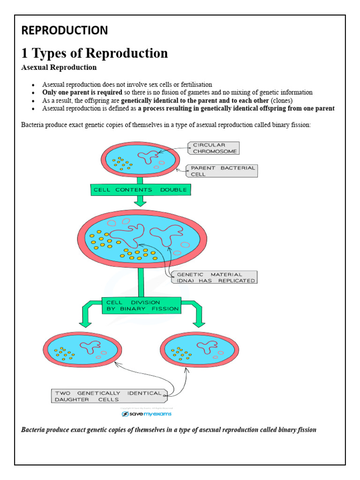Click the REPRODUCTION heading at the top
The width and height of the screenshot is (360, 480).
[x=65, y=30]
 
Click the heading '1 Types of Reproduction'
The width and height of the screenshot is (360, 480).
[x=95, y=53]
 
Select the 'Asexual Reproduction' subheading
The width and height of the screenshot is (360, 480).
[x=59, y=67]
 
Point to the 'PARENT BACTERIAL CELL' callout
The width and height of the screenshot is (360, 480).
[x=222, y=171]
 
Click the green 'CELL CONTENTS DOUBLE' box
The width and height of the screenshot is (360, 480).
[x=140, y=190]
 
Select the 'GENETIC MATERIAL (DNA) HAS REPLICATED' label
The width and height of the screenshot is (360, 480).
[x=215, y=277]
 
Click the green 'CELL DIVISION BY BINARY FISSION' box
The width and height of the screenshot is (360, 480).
[x=141, y=306]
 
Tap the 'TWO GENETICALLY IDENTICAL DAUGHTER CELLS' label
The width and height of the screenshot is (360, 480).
[x=108, y=396]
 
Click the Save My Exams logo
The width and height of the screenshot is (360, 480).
[x=147, y=414]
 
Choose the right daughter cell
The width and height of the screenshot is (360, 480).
[x=196, y=351]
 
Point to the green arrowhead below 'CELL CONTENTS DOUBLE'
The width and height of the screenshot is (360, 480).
[x=140, y=202]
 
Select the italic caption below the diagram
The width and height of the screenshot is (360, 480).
[x=169, y=429]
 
